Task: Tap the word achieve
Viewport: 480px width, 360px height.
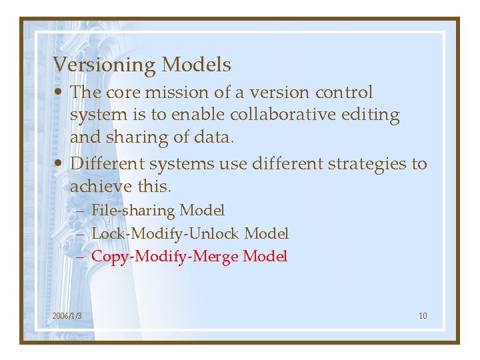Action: coord(94,187)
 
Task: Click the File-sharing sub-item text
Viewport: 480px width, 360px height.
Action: coord(133,211)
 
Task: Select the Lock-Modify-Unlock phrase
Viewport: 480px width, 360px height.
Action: coord(166,233)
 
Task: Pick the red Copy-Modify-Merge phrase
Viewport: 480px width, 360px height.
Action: coord(165,256)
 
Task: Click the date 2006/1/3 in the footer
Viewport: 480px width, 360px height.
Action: coord(67,315)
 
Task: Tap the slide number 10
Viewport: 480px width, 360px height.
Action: coord(423,315)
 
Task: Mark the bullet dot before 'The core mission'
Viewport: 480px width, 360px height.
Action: coord(60,93)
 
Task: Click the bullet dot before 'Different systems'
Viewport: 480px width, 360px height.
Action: coord(60,164)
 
